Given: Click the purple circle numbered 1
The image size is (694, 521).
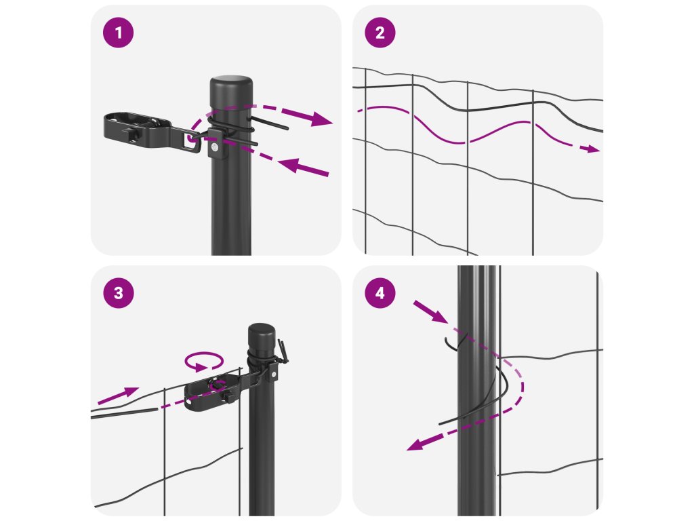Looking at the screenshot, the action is click(x=118, y=33).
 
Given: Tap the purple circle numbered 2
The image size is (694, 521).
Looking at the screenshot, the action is click(x=380, y=33).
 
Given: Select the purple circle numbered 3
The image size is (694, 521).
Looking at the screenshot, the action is click(x=118, y=293).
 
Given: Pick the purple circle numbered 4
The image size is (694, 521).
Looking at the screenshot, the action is click(x=380, y=293).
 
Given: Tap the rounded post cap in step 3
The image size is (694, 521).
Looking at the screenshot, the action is click(x=261, y=335).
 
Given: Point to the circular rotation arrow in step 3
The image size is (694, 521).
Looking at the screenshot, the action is click(x=204, y=361).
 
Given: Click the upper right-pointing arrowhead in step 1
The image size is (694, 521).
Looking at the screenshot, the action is click(x=321, y=119).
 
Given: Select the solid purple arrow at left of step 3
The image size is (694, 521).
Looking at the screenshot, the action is click(x=118, y=395).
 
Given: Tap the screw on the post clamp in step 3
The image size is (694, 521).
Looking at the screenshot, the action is click(x=274, y=374).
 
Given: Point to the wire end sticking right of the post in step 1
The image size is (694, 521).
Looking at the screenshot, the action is click(x=270, y=123).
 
